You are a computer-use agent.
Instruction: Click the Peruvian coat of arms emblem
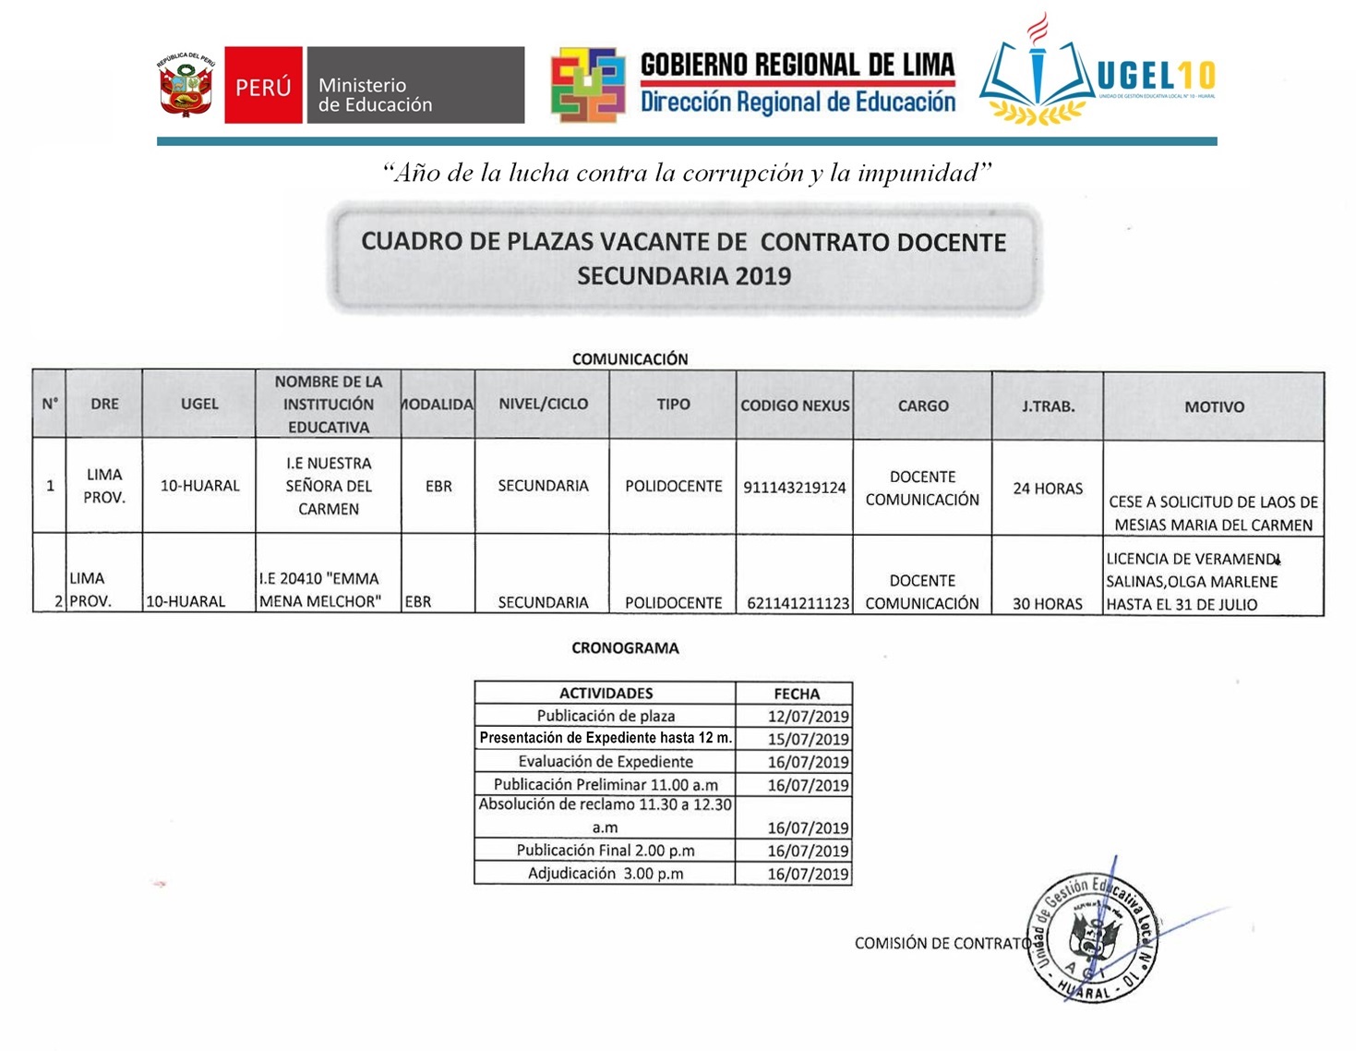coord(186,86)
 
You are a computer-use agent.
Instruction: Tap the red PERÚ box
coord(263,86)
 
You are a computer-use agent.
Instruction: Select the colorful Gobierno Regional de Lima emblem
coord(588,85)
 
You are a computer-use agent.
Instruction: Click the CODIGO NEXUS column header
coord(795,405)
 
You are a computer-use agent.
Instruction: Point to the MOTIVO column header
coord(1214,406)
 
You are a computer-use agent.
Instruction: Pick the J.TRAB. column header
coord(1048,405)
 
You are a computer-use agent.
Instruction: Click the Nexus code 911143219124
coord(795,488)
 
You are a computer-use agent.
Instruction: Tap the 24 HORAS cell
coord(1048,488)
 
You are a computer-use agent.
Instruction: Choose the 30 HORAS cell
coord(1048,603)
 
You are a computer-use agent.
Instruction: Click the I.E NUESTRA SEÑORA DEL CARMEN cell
coord(329,486)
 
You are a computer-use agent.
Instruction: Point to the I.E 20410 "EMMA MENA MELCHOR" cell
coord(320,590)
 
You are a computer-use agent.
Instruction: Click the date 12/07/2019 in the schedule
coord(808,716)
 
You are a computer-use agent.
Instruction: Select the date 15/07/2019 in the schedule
coord(808,739)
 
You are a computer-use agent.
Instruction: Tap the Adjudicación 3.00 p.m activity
coord(606,874)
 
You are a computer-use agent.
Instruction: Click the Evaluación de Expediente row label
coord(606,762)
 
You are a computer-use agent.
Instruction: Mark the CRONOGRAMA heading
coord(625,648)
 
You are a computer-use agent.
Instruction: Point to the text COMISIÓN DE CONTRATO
coord(942,943)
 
